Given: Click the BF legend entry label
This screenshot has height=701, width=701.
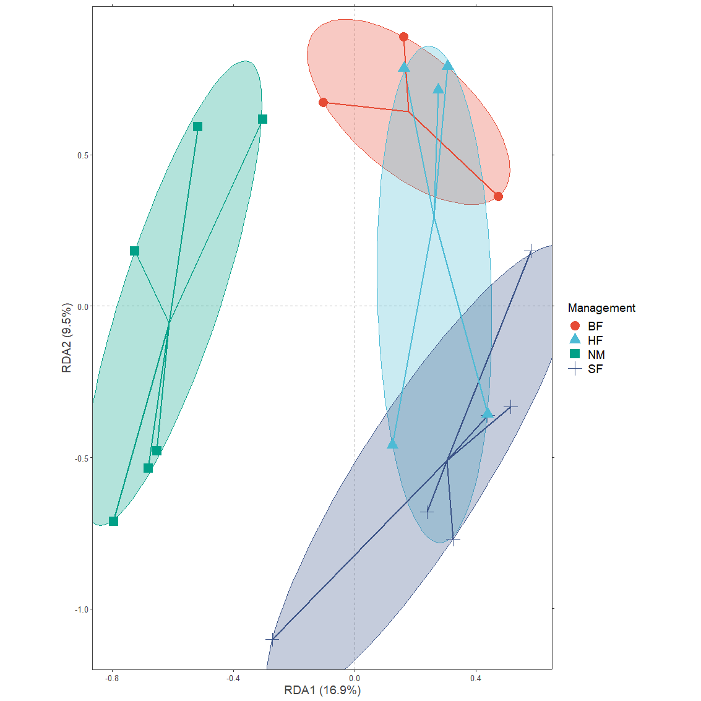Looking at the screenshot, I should coord(595,326).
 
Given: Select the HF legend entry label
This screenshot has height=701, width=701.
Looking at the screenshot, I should coord(595,340).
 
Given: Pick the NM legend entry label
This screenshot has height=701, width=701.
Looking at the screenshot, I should coord(596,355).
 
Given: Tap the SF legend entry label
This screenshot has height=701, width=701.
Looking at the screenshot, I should coord(595,369).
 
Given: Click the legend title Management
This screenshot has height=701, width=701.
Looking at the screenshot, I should coord(601,307).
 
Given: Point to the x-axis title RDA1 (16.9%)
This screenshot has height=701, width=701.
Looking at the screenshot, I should coord(322,690).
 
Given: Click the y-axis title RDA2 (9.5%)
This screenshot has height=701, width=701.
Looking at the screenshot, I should coord(67,338).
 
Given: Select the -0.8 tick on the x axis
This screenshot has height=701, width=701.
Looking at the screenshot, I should coord(112,679).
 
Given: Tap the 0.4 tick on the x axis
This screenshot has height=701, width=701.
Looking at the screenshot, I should coord(476,679).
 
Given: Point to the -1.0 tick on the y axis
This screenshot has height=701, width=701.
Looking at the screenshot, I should coord(82,609).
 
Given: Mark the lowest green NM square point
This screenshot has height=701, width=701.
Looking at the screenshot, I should coord(113,521).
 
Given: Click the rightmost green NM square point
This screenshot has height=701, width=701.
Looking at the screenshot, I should coord(262,119).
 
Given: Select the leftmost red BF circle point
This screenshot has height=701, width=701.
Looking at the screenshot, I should coord(323,102).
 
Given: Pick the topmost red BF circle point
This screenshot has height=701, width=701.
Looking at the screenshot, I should coord(403,37).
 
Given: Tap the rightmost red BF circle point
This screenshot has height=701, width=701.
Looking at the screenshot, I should coord(498,197).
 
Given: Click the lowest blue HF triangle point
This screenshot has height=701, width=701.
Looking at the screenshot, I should coord(392,444).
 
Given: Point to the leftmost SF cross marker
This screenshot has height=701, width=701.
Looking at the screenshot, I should coord(272,639).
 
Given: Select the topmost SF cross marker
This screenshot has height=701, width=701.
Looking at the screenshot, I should coord(530,251).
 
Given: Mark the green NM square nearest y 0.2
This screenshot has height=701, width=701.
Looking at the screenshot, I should coord(134,251).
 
